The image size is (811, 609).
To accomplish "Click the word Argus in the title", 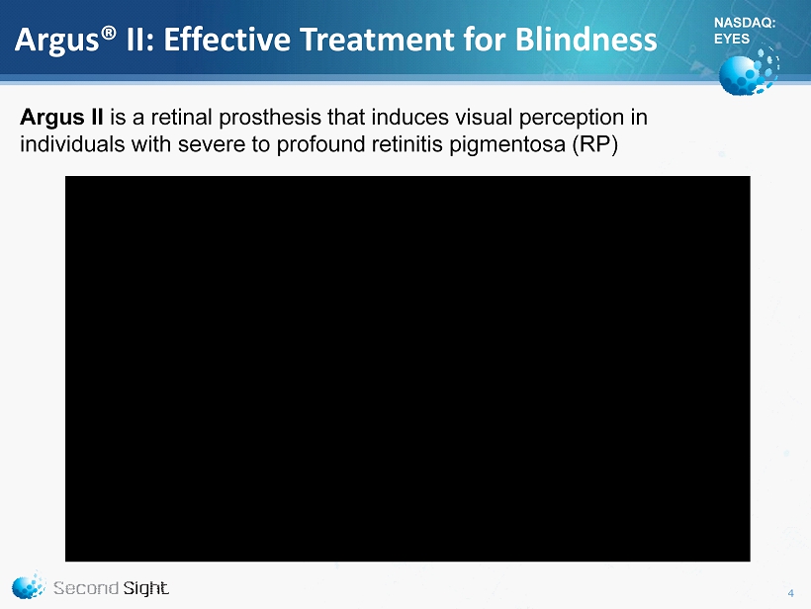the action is (x=56, y=41).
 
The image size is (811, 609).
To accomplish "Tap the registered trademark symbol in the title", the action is (x=108, y=33).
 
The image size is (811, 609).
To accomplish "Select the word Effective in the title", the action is (x=227, y=40).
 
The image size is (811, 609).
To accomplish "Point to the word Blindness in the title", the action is (x=586, y=40).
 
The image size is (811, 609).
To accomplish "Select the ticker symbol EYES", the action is (x=732, y=39).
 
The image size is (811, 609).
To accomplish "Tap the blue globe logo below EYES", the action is (x=749, y=71).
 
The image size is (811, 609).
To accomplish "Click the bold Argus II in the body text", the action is (x=61, y=118).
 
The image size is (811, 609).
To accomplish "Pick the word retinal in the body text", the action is (x=182, y=118).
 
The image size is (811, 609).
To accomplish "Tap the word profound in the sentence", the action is (x=320, y=144).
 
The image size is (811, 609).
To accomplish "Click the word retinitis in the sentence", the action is (x=407, y=144).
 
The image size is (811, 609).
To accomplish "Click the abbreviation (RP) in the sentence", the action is (x=594, y=144).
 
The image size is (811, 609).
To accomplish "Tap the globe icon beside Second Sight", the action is (x=29, y=585).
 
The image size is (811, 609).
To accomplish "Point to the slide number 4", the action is (x=791, y=593).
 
